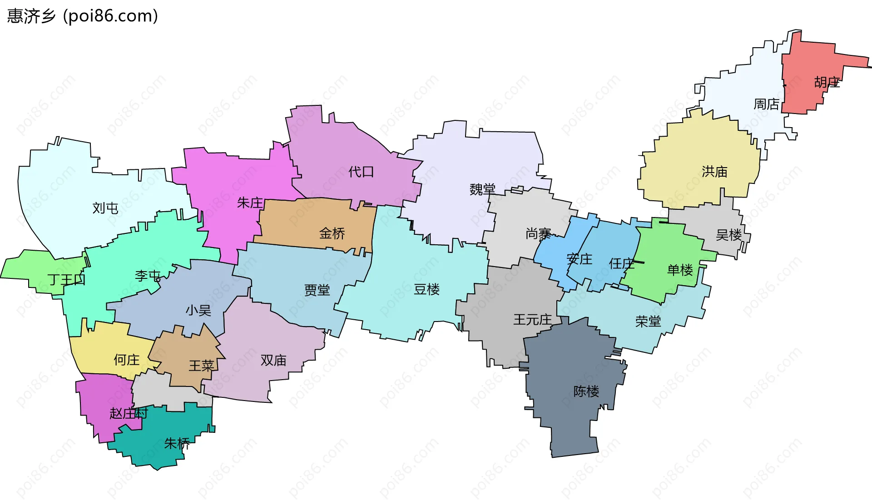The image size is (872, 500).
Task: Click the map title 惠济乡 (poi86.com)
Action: click(83, 16)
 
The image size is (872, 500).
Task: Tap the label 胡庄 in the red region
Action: click(827, 82)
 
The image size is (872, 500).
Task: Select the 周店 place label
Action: click(767, 104)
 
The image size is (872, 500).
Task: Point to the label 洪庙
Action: click(714, 172)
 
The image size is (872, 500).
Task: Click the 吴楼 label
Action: click(728, 235)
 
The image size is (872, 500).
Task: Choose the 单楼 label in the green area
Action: click(679, 270)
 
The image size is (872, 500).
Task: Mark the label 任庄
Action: click(621, 263)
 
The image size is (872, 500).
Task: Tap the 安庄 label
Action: click(579, 259)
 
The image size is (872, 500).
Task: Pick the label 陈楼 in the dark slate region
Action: click(586, 391)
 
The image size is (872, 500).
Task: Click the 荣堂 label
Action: click(648, 322)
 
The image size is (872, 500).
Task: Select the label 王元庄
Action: click(532, 320)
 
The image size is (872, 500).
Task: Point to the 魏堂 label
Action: click(482, 189)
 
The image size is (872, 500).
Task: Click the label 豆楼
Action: click(426, 289)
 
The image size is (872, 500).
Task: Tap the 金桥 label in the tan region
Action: click(332, 233)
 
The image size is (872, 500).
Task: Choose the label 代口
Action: click(361, 172)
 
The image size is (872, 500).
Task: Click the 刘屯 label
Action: click(105, 208)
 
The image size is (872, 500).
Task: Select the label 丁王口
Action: click(66, 279)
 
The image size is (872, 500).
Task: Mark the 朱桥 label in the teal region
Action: click(177, 443)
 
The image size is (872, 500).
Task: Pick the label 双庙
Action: click(273, 360)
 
